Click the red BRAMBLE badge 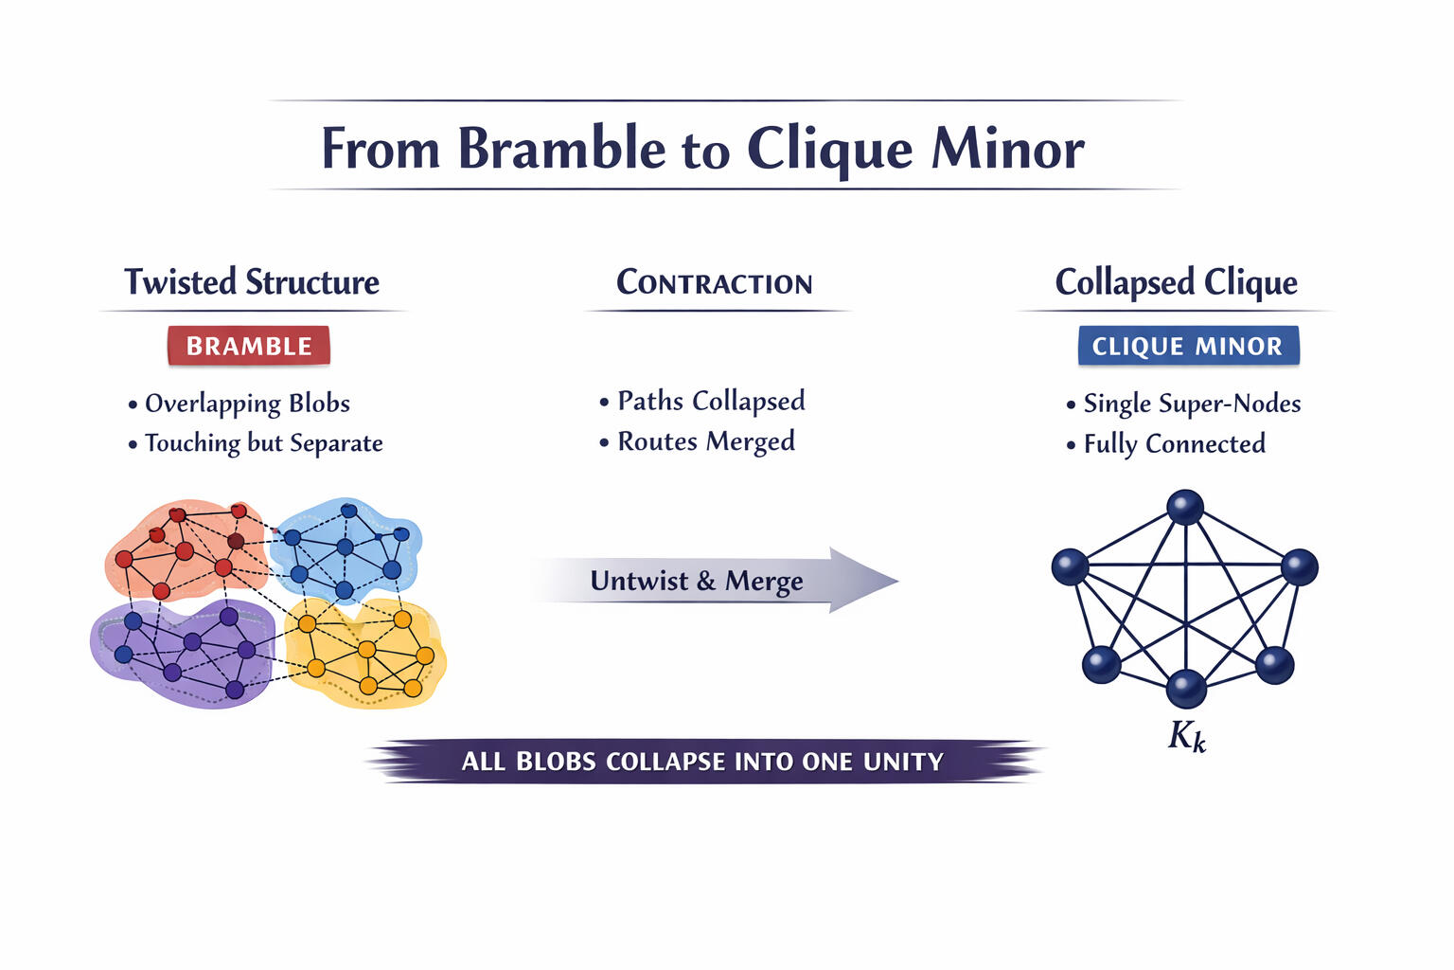(249, 346)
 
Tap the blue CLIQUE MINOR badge (1188, 346)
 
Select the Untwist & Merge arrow (710, 580)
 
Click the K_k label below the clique (1187, 736)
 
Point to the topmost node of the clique (1185, 507)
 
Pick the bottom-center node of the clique (1186, 689)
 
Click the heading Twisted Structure (252, 281)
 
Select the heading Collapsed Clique (1176, 281)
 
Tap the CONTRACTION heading (715, 282)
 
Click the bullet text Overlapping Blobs (247, 403)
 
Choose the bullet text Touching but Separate (263, 442)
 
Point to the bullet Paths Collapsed (711, 401)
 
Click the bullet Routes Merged (706, 441)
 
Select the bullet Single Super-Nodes (1192, 403)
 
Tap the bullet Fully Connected (1174, 443)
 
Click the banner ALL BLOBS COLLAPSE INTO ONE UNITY (702, 762)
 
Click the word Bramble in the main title (562, 149)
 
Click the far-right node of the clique (1300, 566)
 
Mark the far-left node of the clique (1070, 566)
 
